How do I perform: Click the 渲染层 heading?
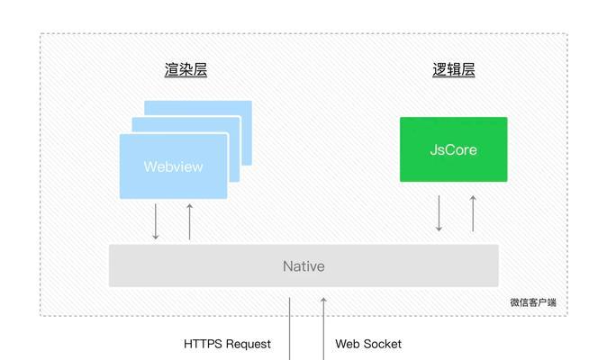pos(186,70)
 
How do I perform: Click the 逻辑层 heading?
pos(454,70)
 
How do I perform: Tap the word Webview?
pos(173,166)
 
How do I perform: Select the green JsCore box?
pos(453,149)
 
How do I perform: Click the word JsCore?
pos(453,149)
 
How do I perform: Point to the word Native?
pos(303,266)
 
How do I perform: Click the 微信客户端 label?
pos(533,302)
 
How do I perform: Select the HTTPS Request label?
pos(227,344)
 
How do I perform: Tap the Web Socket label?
pos(368,344)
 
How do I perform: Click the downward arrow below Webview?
pos(156,221)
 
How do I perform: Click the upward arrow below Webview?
pos(190,221)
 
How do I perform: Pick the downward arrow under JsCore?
pos(439,213)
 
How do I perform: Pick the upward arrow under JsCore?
pos(473,213)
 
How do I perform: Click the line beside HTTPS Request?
pos(290,328)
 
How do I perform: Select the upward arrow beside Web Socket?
pos(323,328)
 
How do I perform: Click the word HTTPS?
pos(204,344)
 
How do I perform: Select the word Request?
pos(249,344)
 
